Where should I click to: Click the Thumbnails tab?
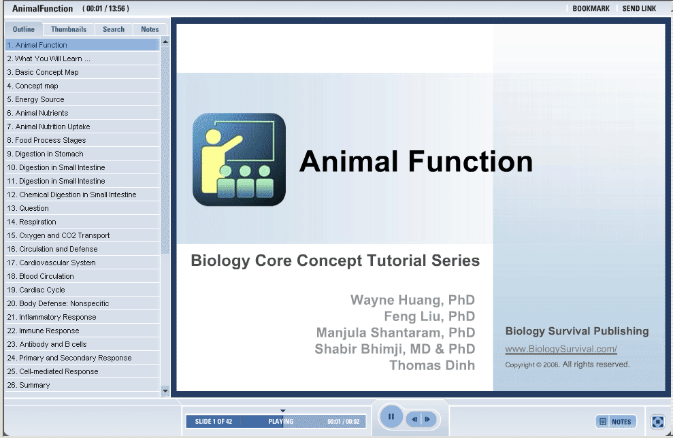(x=69, y=29)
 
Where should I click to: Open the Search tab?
(x=114, y=29)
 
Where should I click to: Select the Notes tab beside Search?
(x=150, y=29)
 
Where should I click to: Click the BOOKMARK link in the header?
(x=591, y=9)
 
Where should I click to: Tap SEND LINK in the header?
(x=639, y=9)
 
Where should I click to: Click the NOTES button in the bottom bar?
(x=616, y=422)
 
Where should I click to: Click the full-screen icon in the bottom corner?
(x=657, y=422)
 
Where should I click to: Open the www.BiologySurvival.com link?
(x=561, y=349)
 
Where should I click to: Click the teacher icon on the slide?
(x=239, y=160)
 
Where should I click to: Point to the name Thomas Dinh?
(x=432, y=365)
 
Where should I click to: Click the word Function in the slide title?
(x=470, y=161)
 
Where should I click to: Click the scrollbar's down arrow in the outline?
(x=165, y=391)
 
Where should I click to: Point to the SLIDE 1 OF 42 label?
(x=213, y=422)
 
